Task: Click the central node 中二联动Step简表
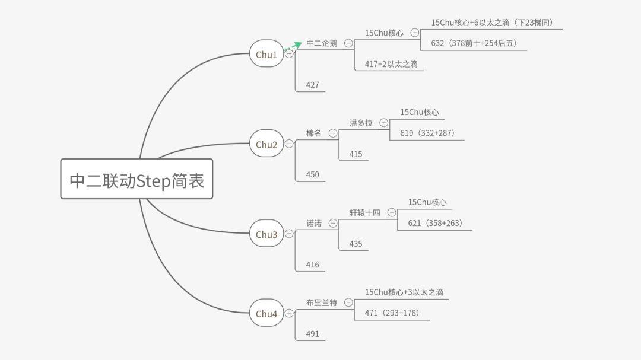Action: click(137, 179)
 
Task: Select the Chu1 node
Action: click(266, 54)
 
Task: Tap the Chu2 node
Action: click(266, 144)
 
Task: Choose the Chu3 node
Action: click(266, 234)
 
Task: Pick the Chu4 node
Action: click(266, 314)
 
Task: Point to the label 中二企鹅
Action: click(322, 43)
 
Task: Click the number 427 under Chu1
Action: click(313, 85)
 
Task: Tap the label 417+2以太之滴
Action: click(391, 64)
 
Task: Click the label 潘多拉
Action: click(361, 123)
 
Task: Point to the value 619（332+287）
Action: click(427, 133)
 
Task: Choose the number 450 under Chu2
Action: click(313, 174)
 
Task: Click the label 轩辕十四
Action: click(365, 212)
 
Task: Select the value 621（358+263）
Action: click(435, 223)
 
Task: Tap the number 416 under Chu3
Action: click(313, 265)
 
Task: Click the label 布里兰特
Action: click(322, 302)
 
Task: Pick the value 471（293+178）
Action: click(392, 313)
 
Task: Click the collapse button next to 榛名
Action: click(332, 133)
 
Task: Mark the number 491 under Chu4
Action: click(313, 334)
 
